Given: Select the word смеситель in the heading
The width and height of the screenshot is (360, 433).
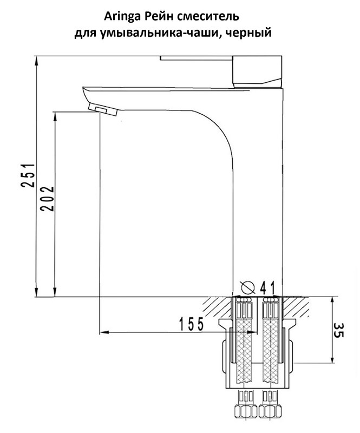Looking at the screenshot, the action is [x=208, y=17].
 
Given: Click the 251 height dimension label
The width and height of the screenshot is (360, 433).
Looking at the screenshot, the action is [x=29, y=175].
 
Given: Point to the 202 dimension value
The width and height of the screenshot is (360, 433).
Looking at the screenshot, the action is [x=48, y=199].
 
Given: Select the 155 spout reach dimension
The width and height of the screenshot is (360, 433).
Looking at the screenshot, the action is [x=191, y=324].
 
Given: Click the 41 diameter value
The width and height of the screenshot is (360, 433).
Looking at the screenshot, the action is [x=267, y=288].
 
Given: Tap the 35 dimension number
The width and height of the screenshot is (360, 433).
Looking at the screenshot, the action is [x=339, y=330].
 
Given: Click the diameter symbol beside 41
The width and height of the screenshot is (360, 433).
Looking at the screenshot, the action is [x=247, y=287].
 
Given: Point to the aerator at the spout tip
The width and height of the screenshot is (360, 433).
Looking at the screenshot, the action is [x=103, y=110].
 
